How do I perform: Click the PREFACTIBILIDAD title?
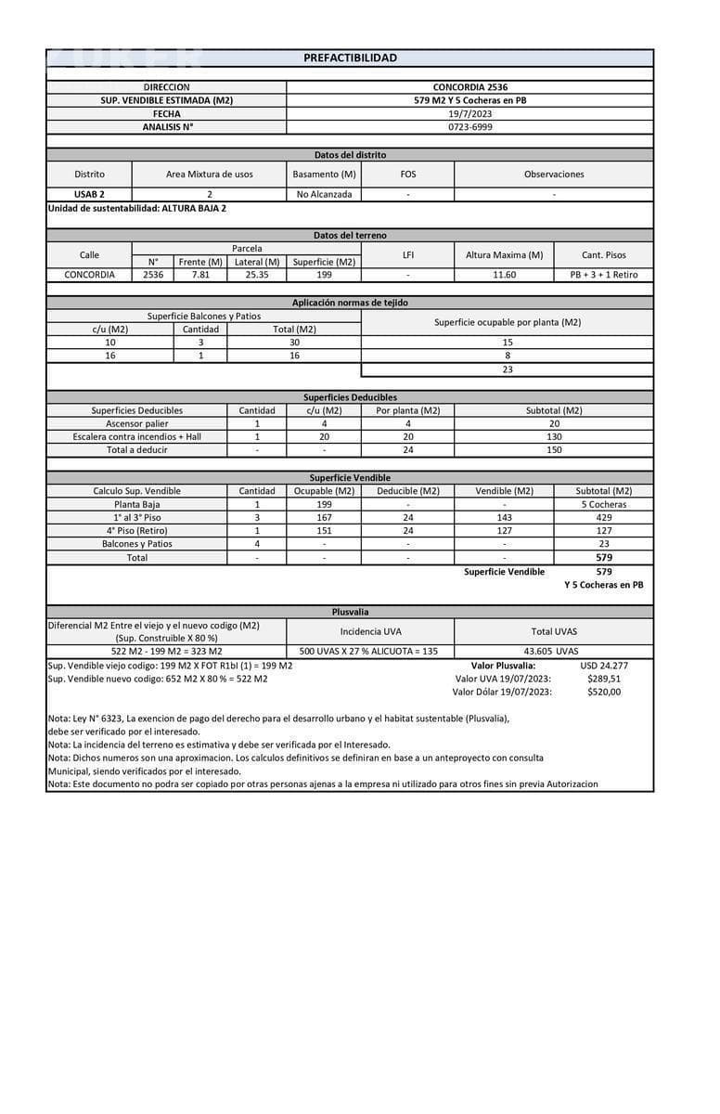(350, 58)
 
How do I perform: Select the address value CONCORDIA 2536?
(469, 87)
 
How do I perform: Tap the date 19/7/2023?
(469, 113)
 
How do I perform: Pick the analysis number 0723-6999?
(469, 126)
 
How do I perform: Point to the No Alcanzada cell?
(324, 194)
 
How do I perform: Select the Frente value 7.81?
(200, 275)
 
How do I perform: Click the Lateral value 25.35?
(256, 275)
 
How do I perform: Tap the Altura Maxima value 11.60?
(504, 275)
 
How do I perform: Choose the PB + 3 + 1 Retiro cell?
(603, 275)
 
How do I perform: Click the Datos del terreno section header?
(350, 236)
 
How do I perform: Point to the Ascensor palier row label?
(136, 423)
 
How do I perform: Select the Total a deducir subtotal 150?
(553, 449)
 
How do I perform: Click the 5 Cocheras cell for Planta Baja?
(603, 504)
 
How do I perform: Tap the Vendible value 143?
(504, 517)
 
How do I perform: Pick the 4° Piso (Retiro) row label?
(136, 530)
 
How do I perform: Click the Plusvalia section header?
(350, 612)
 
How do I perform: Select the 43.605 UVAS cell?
(553, 651)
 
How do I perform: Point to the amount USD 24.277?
(603, 665)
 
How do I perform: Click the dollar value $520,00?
(604, 691)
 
